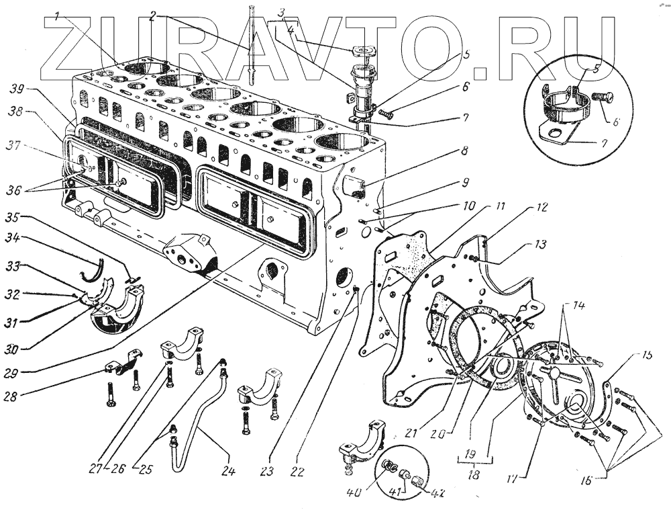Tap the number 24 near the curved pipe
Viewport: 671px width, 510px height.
click(x=228, y=472)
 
